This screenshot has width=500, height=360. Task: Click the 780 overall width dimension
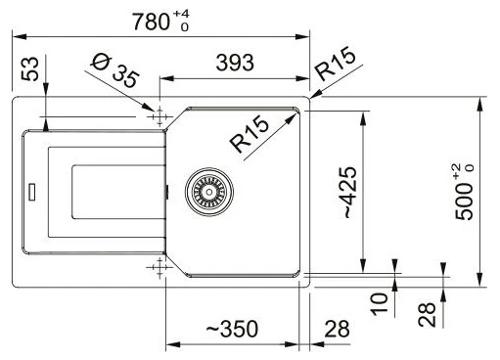(x=151, y=22)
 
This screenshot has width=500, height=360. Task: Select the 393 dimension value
(x=235, y=63)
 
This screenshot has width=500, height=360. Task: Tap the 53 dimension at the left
(x=29, y=68)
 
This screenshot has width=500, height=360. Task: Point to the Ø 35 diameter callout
(x=114, y=70)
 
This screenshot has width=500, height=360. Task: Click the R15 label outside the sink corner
(x=335, y=64)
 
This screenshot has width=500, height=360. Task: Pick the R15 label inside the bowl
(x=250, y=134)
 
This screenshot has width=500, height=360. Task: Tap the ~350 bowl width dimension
(x=232, y=329)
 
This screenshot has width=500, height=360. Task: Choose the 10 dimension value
(x=380, y=304)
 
